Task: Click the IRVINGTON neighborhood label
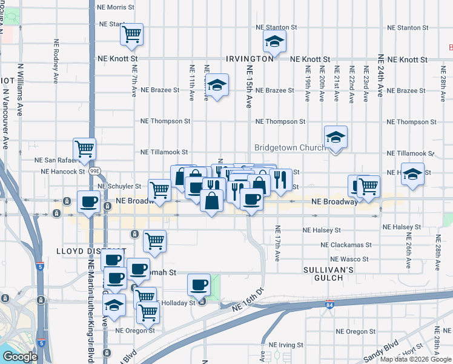point(250,59)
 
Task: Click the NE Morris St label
point(116,7)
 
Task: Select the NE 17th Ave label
point(277,243)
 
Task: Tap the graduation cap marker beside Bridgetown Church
point(335,138)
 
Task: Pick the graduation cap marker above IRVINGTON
point(274,42)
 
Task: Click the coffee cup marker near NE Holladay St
point(198,284)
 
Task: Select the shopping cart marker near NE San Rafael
point(84,148)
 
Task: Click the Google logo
point(20,357)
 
